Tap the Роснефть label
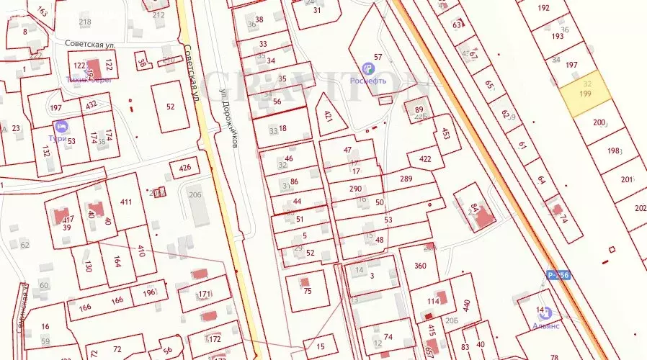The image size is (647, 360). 368,81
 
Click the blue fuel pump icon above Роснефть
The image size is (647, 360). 368,68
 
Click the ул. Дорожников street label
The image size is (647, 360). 229,118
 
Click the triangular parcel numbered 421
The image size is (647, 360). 329,115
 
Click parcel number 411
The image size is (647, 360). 127,202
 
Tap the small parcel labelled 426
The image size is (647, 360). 185,168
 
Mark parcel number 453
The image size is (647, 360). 445,134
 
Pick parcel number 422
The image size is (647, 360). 425,160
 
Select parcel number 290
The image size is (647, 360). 355,189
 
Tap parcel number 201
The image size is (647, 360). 626,179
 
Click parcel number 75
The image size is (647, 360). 307,290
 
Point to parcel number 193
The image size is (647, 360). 557,36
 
